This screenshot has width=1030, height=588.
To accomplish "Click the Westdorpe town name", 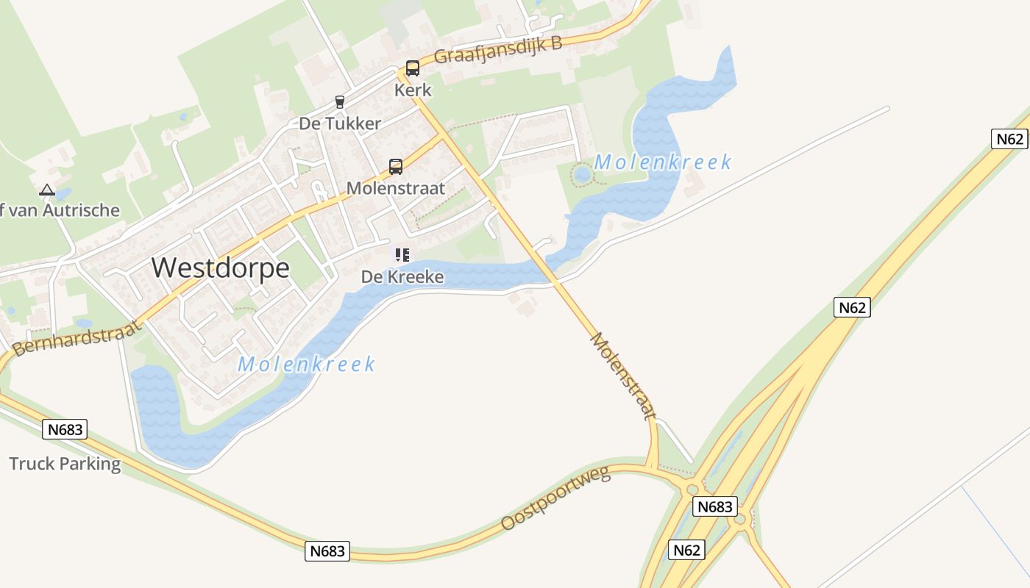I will pyautogui.click(x=221, y=268).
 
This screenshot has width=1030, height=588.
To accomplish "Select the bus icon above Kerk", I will pyautogui.click(x=413, y=68).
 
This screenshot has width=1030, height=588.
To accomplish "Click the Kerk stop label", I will pyautogui.click(x=413, y=90).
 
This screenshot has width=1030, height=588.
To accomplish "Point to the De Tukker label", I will pyautogui.click(x=340, y=123).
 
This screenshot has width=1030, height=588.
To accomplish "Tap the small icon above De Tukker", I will pyautogui.click(x=339, y=102).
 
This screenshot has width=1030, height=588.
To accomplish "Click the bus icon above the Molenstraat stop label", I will pyautogui.click(x=396, y=167).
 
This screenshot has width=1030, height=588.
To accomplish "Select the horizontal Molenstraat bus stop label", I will pyautogui.click(x=396, y=188).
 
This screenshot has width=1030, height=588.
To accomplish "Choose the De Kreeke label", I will pyautogui.click(x=402, y=277).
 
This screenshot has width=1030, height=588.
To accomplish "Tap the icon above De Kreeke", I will pyautogui.click(x=402, y=255).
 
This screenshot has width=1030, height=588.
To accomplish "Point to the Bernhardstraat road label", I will pyautogui.click(x=77, y=339).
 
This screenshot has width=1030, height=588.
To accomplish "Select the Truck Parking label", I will pyautogui.click(x=65, y=464).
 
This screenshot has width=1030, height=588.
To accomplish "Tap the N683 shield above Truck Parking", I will pyautogui.click(x=65, y=429).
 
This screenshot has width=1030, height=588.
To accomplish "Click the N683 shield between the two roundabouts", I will pyautogui.click(x=715, y=506).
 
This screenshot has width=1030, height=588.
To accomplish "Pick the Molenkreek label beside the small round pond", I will pyautogui.click(x=663, y=162).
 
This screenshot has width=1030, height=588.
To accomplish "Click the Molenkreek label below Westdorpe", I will pyautogui.click(x=307, y=364).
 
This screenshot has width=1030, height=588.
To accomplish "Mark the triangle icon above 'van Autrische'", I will pyautogui.click(x=47, y=190).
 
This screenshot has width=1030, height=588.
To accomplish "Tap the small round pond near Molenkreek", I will pyautogui.click(x=582, y=175).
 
